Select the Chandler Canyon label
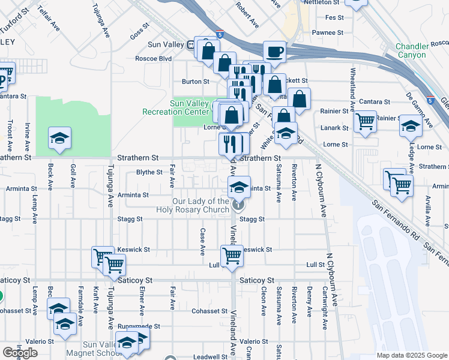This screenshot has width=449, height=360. [x=411, y=50]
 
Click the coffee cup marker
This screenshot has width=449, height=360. [x=275, y=52]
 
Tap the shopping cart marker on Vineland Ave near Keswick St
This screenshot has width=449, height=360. [x=232, y=256]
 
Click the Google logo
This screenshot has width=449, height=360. [x=20, y=352]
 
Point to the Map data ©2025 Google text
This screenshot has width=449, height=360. [x=411, y=355]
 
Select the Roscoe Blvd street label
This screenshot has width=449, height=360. [x=153, y=59]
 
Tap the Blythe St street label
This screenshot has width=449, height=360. [x=149, y=172]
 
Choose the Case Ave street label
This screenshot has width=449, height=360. [x=203, y=240]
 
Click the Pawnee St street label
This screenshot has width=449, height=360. [x=327, y=33]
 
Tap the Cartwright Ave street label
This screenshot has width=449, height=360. [x=324, y=310]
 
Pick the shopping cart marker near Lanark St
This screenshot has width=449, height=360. [x=365, y=122]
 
